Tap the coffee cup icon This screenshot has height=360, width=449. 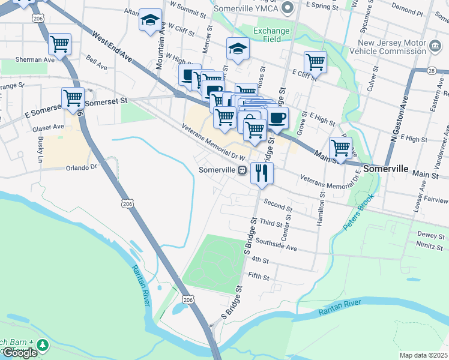coord(277,118)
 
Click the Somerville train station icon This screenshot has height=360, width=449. coord(242,170)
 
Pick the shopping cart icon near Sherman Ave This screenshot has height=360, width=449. coord(60,43)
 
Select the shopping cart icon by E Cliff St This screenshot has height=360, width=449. coord(315,61)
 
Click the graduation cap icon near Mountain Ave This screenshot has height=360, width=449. coord(150,19)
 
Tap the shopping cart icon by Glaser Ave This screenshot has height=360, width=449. coord(73,97)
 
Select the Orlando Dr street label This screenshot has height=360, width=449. coord(82,167)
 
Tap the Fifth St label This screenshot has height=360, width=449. coord(260,277)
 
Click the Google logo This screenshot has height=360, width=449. coord(19,353)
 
